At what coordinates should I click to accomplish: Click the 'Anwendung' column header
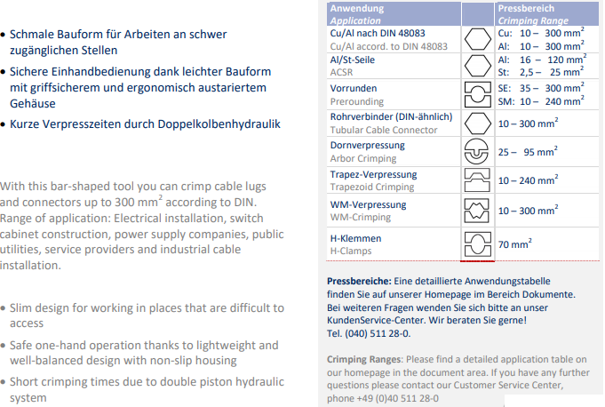coord(357,9)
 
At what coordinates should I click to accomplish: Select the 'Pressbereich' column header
coord(526,9)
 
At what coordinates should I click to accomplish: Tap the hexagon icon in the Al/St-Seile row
coord(478,66)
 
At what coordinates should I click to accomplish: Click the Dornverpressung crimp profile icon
coord(476,151)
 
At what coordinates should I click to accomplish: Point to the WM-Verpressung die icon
coord(477,211)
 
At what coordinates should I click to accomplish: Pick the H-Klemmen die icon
coord(478,244)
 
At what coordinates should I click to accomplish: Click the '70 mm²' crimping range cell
coord(514,243)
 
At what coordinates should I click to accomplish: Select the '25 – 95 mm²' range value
coord(528,151)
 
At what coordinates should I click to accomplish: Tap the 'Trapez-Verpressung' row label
coord(373,175)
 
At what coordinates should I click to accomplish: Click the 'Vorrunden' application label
coord(354,88)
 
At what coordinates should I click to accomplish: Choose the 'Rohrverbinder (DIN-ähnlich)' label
coord(391,117)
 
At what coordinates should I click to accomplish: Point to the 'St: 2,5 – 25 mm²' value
coord(541,72)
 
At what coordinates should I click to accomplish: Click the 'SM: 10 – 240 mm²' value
coord(541,101)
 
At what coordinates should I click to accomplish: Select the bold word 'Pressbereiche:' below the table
coord(359,281)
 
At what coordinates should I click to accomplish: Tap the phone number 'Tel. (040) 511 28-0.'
coord(369,333)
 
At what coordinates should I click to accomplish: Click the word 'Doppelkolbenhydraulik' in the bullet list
coord(219,124)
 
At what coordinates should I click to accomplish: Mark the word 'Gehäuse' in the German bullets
coord(33,104)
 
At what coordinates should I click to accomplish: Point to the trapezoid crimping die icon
coord(477,180)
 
